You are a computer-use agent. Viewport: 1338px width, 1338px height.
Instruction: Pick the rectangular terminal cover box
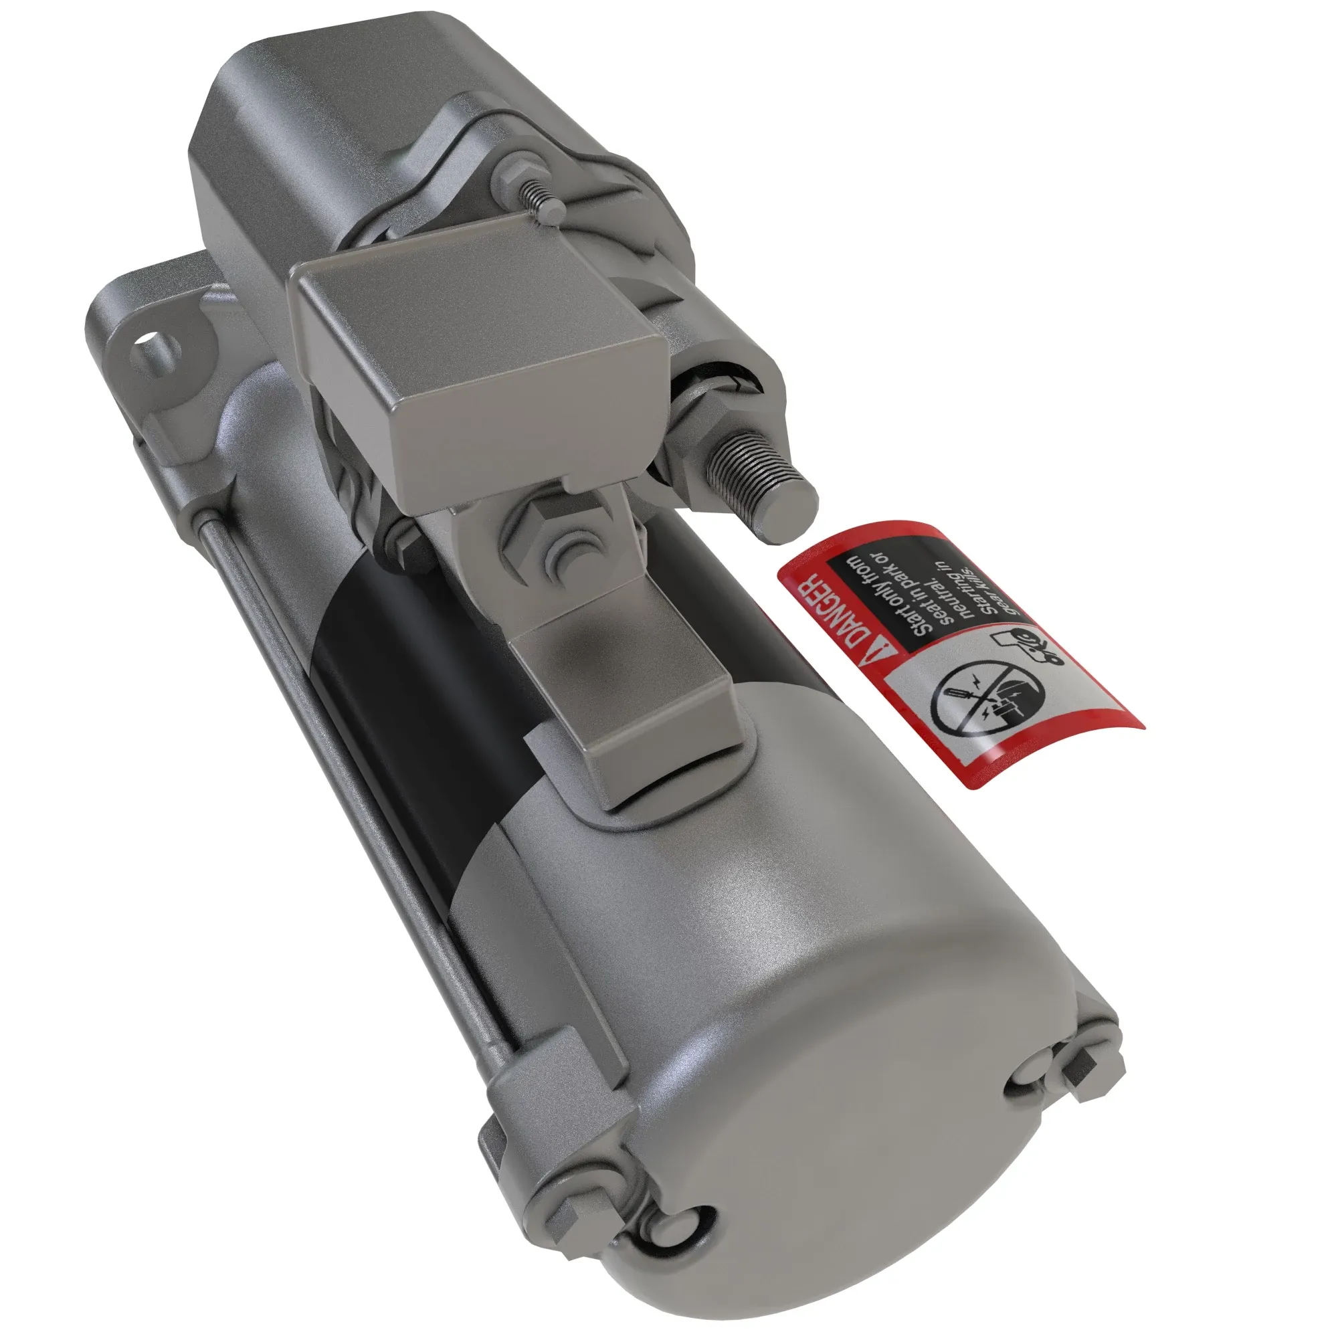click(x=478, y=360)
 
